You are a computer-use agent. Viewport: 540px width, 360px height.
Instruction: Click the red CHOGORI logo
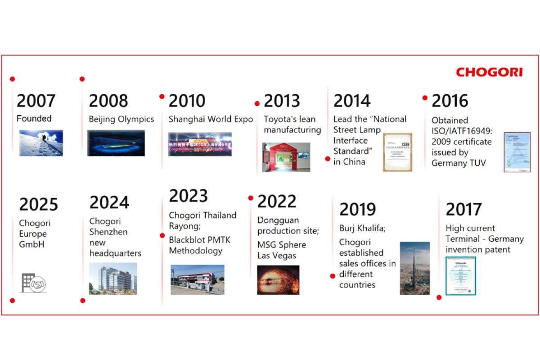(489, 72)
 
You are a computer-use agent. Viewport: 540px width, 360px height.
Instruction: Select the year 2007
(36, 101)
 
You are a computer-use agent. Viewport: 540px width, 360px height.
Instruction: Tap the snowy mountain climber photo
(41, 143)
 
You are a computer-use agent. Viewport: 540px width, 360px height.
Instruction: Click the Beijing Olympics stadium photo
(116, 143)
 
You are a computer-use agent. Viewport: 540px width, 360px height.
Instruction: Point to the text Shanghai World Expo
(211, 119)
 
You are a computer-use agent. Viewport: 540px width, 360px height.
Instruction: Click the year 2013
(283, 101)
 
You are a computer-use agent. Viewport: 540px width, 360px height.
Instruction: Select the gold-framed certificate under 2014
(397, 152)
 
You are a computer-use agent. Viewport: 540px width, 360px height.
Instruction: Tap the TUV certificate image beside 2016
(517, 152)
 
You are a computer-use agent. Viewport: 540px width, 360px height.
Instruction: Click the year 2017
(463, 209)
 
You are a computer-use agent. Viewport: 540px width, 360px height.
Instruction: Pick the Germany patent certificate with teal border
(460, 276)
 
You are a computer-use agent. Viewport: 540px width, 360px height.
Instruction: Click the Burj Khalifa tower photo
(414, 268)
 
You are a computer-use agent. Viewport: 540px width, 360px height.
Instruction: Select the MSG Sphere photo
(278, 280)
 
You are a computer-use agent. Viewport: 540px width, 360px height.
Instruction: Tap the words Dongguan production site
(288, 225)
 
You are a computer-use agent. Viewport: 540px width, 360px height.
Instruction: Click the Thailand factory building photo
(197, 279)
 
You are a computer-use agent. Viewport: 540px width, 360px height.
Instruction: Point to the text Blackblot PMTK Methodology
(199, 245)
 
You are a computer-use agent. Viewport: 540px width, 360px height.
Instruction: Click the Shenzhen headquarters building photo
(113, 279)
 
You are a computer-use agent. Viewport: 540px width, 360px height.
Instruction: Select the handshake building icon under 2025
(34, 283)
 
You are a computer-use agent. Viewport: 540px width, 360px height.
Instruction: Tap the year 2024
(109, 202)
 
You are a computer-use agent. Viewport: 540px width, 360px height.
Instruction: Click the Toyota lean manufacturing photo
(286, 157)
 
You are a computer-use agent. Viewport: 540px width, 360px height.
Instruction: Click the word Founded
(34, 119)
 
